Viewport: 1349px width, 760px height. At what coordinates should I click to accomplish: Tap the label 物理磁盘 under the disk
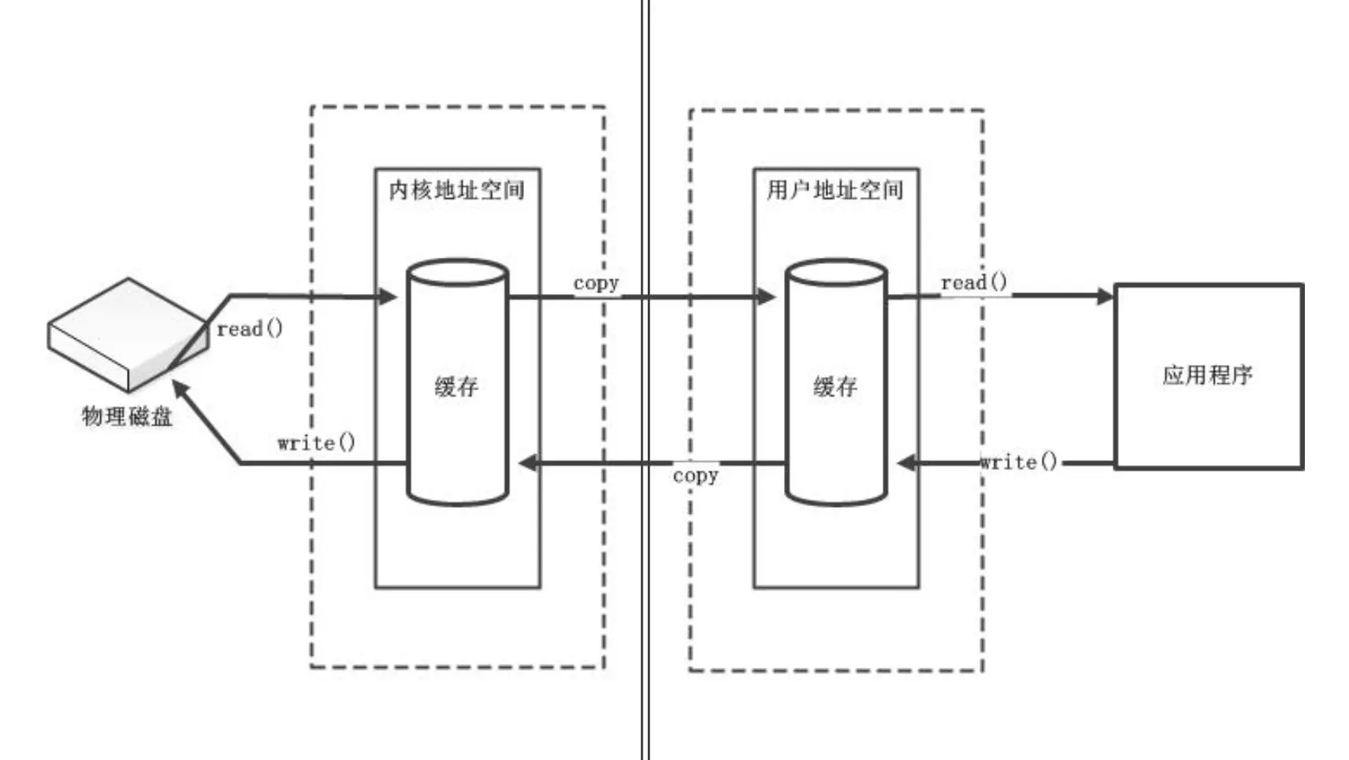(127, 416)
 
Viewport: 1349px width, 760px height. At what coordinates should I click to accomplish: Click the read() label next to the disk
(249, 329)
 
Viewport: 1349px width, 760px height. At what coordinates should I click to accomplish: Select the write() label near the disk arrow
(316, 442)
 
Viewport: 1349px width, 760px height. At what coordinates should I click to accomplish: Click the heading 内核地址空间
(457, 190)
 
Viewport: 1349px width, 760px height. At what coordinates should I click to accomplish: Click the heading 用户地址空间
(835, 190)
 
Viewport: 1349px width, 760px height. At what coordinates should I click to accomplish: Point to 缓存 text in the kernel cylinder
(457, 386)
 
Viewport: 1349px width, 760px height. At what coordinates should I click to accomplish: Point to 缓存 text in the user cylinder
(835, 386)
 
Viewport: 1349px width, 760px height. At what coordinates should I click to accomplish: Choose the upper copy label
(596, 283)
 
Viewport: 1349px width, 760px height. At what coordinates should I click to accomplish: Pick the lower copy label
(695, 475)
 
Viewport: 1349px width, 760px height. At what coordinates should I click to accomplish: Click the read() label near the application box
(974, 282)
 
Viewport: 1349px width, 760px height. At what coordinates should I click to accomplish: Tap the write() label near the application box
(1018, 461)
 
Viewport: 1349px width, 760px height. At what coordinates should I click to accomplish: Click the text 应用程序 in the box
(1207, 375)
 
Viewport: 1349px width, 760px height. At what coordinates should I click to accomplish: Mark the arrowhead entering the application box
(1106, 296)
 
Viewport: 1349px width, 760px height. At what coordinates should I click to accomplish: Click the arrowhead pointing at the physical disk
(180, 389)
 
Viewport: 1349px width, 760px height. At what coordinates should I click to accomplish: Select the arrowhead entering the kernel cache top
(388, 296)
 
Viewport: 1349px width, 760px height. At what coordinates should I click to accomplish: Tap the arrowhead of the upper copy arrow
(766, 296)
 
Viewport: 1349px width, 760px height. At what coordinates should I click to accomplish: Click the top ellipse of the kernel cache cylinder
(457, 273)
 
